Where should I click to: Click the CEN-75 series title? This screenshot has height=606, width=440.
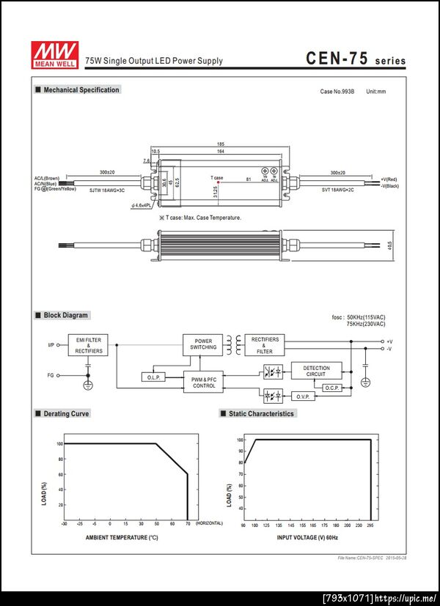355,59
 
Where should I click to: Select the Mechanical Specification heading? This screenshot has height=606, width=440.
81,90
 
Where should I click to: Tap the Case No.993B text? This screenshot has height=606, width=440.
337,92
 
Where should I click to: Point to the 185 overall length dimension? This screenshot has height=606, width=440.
220,144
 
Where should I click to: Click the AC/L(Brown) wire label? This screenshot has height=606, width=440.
47,178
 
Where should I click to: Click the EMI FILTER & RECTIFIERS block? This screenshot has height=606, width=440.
89,346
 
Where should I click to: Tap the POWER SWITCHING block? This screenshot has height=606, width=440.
203,344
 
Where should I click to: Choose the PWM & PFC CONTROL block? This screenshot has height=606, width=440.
204,382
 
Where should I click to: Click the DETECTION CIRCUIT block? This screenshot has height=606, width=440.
316,372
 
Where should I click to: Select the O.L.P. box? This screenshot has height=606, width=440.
154,377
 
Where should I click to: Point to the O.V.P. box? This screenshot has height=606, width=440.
303,396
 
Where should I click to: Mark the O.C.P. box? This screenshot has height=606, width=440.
331,387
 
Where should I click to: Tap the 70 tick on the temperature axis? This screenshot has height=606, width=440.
188,524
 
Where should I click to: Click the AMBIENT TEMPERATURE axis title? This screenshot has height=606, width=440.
122,537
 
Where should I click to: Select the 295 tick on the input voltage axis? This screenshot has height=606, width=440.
371,525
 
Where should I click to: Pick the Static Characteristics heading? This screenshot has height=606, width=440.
261,414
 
